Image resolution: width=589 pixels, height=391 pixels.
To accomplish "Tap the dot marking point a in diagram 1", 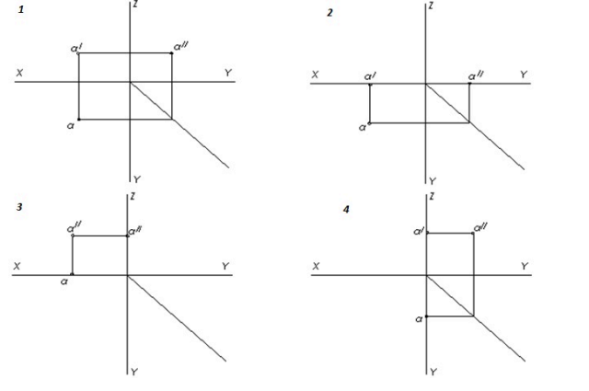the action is [79, 119].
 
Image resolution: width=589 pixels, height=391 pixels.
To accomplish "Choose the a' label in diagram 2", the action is [370, 75].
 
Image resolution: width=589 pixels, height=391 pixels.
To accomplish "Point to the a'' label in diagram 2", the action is [476, 75].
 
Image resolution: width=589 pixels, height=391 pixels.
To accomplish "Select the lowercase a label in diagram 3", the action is [66, 282].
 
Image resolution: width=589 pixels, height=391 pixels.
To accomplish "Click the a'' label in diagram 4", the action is [479, 226].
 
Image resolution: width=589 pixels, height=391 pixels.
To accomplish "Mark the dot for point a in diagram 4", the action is [427, 316].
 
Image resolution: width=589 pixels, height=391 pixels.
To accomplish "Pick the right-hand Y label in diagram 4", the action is [525, 265].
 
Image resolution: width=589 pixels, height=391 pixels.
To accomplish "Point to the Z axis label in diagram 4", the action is [433, 196].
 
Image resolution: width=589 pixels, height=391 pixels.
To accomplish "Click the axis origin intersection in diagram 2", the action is [426, 85].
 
